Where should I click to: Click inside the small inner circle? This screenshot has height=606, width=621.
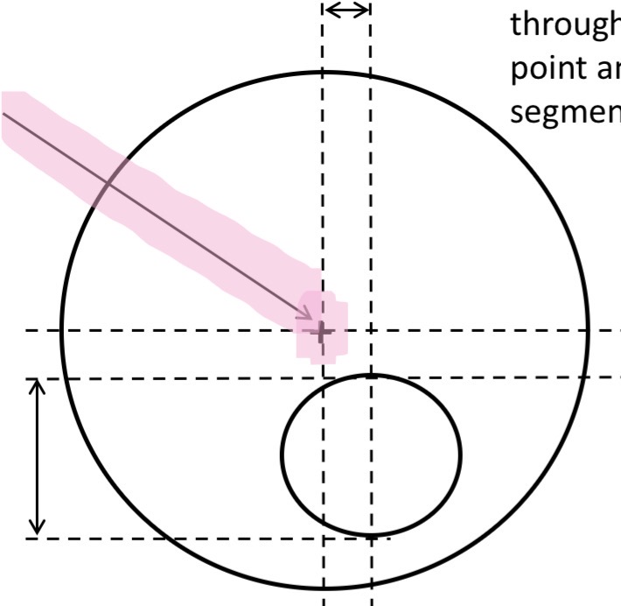click(371, 454)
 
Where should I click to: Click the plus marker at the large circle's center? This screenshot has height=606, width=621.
click(323, 331)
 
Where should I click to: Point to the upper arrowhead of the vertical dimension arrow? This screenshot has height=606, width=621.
click(37, 384)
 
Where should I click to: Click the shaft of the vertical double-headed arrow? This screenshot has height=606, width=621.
click(37, 457)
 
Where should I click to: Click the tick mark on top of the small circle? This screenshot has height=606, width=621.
click(371, 376)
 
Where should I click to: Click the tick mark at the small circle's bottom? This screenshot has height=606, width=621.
click(371, 533)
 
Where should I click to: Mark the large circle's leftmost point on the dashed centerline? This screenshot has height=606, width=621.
click(60, 331)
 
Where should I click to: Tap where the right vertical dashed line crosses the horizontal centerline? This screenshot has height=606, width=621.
click(371, 331)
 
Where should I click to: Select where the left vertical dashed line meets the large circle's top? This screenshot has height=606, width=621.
click(324, 72)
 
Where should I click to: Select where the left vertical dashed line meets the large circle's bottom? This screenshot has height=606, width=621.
click(324, 588)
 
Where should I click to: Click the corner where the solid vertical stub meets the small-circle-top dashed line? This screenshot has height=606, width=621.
click(324, 377)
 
